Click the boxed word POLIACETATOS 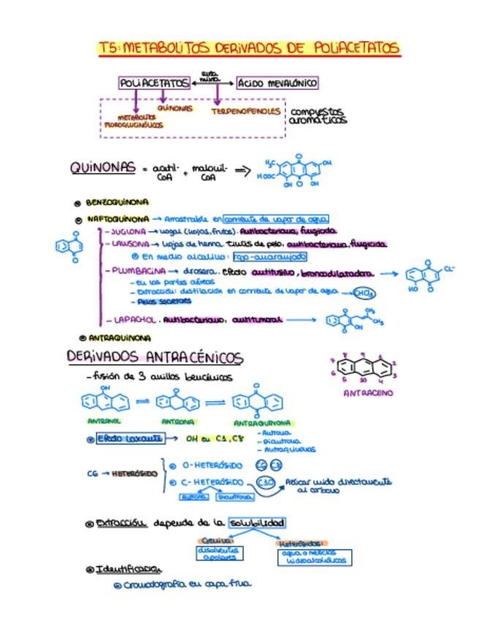click(154, 83)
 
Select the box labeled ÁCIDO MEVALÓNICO click(277, 83)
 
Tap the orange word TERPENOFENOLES click(245, 112)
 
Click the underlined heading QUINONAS click(102, 168)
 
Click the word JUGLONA click(124, 231)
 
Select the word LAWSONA click(130, 244)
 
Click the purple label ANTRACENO click(368, 393)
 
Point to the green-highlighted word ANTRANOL click(105, 422)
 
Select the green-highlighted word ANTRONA click(179, 422)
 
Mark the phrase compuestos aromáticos click(317, 116)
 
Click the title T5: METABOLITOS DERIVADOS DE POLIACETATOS click(249, 48)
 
